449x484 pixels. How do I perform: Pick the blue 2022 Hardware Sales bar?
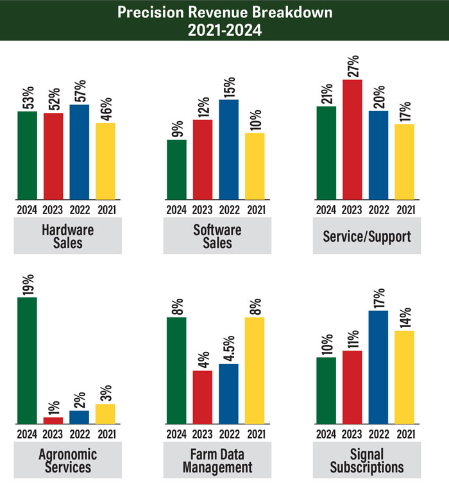(79, 152)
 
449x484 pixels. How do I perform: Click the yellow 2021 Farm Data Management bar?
(255, 371)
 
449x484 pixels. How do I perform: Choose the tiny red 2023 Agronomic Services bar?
(53, 421)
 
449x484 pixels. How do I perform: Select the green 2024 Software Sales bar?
(176, 169)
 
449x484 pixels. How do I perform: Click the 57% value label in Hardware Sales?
(79, 90)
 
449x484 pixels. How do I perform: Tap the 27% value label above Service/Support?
(352, 65)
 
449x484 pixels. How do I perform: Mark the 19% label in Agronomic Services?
(27, 282)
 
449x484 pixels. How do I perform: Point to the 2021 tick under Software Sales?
(255, 209)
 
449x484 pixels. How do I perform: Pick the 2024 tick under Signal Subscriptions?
(326, 433)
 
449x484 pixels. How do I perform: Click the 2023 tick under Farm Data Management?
(203, 433)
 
